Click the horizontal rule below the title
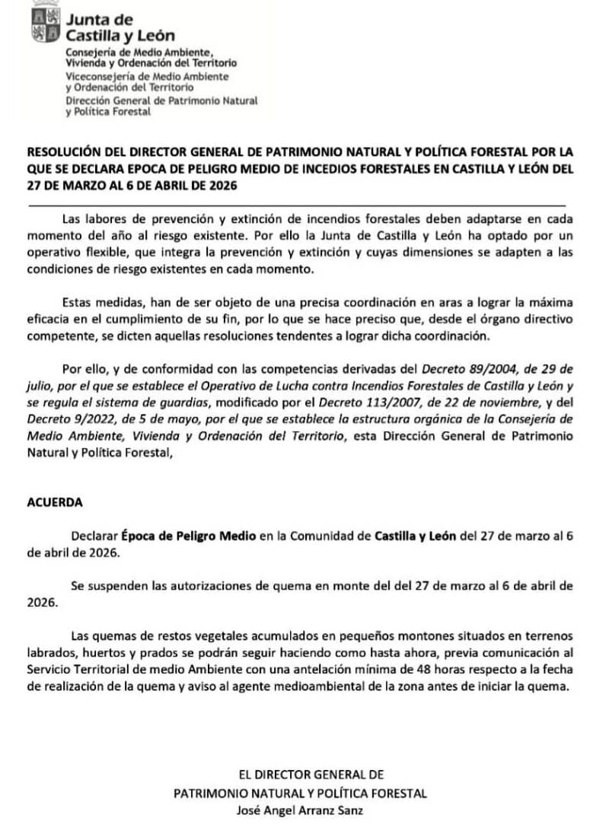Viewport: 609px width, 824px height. pos(297,205)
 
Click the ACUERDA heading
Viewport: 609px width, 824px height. pos(52,502)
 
